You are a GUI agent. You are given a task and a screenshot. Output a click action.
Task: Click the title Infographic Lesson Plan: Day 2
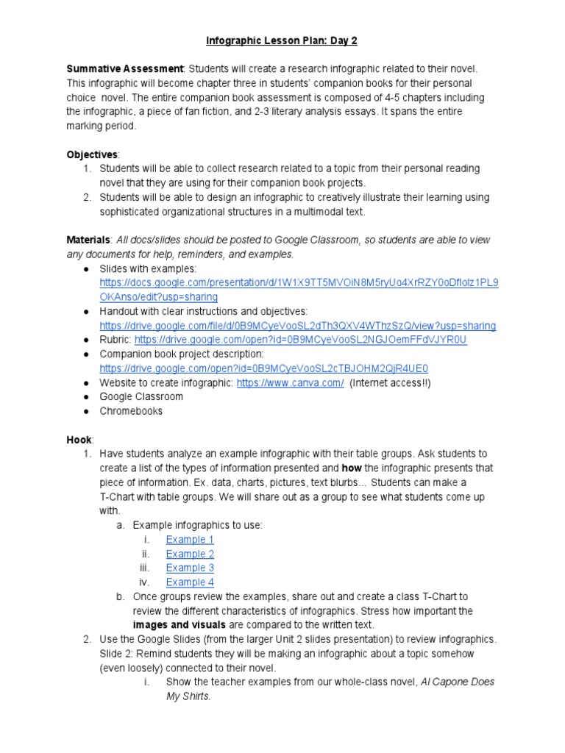(282, 40)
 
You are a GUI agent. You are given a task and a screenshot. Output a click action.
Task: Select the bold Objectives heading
(92, 154)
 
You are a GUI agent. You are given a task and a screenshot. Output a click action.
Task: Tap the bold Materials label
(88, 240)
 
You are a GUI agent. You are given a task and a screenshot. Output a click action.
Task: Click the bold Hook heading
(79, 439)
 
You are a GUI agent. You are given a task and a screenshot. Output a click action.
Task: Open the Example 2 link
(190, 554)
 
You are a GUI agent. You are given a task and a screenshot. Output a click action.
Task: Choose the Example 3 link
(190, 568)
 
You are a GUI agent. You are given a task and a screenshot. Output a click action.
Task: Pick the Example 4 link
(190, 582)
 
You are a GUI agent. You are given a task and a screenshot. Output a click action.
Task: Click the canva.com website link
(290, 382)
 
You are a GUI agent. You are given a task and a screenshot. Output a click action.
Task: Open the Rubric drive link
(301, 340)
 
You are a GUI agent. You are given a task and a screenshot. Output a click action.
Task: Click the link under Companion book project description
(263, 368)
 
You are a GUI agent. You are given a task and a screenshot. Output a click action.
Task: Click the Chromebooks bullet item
(131, 411)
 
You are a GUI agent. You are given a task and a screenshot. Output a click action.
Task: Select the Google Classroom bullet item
(141, 397)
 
